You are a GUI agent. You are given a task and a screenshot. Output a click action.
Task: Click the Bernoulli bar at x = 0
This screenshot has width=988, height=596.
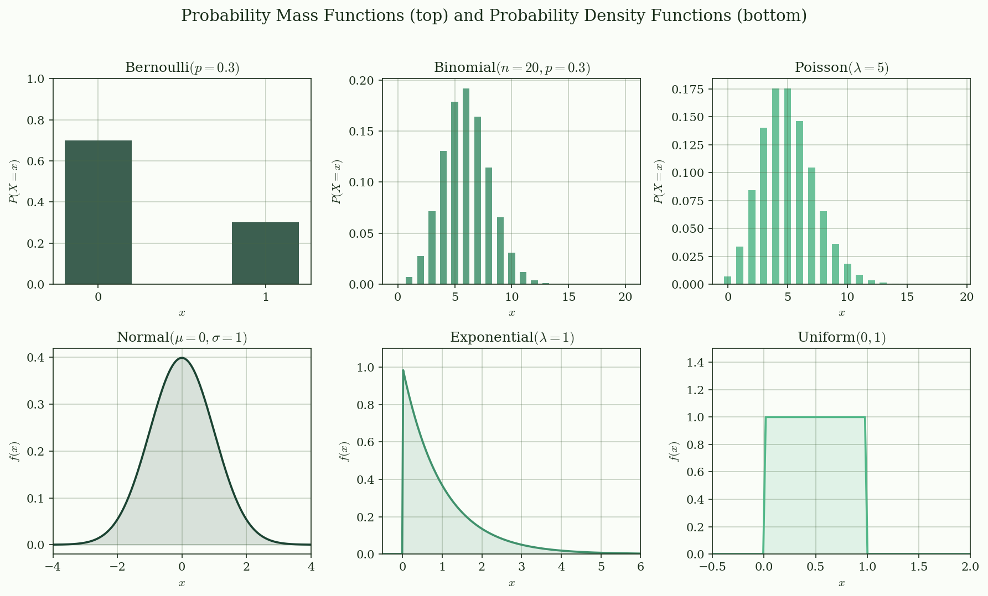pyautogui.click(x=98, y=212)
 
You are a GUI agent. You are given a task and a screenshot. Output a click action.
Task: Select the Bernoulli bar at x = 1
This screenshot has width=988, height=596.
pyautogui.click(x=265, y=253)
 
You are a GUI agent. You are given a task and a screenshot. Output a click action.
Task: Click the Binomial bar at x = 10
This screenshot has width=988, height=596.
pyautogui.click(x=511, y=269)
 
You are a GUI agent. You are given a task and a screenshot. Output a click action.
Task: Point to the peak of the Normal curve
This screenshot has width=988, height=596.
pyautogui.click(x=182, y=358)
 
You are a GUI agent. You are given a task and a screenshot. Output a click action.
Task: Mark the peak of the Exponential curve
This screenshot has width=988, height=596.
pyautogui.click(x=403, y=370)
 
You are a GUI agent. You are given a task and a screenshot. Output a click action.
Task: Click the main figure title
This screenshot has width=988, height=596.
pyautogui.click(x=494, y=16)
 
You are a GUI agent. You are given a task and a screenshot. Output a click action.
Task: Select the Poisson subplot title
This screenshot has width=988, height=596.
pyautogui.click(x=841, y=67)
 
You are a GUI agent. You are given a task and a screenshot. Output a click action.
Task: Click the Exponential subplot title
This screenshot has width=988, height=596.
pyautogui.click(x=511, y=337)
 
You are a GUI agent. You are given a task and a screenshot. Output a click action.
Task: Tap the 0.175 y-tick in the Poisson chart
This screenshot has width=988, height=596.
pyautogui.click(x=689, y=90)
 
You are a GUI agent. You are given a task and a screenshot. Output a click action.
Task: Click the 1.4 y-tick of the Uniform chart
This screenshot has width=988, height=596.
pyautogui.click(x=697, y=363)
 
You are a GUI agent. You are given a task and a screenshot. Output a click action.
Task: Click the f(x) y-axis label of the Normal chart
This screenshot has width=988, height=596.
pyautogui.click(x=14, y=451)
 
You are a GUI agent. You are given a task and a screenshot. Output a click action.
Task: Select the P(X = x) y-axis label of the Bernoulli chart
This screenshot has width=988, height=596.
pyautogui.click(x=14, y=181)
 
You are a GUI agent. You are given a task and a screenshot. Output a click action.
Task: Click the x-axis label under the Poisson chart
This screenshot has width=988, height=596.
pyautogui.click(x=841, y=313)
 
